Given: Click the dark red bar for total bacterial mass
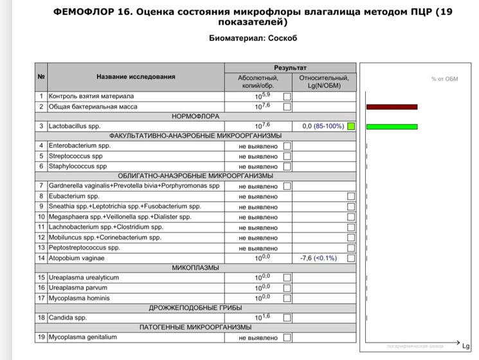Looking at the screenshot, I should pyautogui.click(x=392, y=107).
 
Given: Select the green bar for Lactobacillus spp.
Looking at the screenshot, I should pyautogui.click(x=392, y=126).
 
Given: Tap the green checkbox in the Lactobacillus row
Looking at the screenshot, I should pyautogui.click(x=350, y=127).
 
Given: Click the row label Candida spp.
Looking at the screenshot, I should pyautogui.click(x=68, y=318).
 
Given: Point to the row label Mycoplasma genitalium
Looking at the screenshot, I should pyautogui.click(x=82, y=337).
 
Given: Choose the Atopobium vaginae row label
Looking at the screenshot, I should pyautogui.click(x=77, y=258).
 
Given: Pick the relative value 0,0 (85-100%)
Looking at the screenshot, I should pyautogui.click(x=323, y=127).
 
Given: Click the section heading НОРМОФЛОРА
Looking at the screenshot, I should pyautogui.click(x=195, y=116).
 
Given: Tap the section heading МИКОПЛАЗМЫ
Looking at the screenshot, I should pyautogui.click(x=195, y=267).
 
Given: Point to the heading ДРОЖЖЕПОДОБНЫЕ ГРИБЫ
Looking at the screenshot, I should pyautogui.click(x=195, y=308).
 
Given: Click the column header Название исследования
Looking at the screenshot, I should pyautogui.click(x=136, y=77).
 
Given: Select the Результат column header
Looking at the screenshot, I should pyautogui.click(x=290, y=67).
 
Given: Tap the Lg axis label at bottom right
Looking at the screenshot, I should pyautogui.click(x=466, y=347).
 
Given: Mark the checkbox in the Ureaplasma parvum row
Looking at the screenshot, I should pyautogui.click(x=287, y=288).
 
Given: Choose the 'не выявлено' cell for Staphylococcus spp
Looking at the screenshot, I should pyautogui.click(x=258, y=166).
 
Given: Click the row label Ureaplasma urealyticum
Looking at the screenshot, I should pyautogui.click(x=84, y=278).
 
